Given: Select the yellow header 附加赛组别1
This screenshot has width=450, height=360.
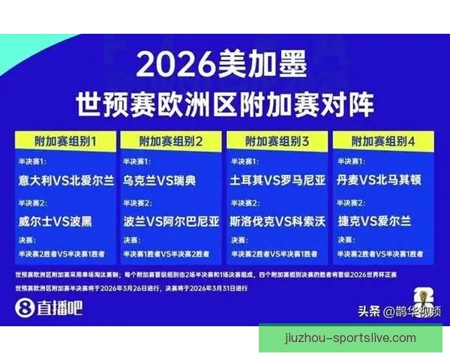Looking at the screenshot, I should click(65, 141).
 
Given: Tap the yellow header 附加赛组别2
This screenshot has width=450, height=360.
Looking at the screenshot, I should click(172, 141).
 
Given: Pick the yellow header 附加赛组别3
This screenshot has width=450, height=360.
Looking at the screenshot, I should click(277, 141).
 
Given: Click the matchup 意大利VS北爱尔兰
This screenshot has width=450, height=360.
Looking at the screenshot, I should click(67, 181).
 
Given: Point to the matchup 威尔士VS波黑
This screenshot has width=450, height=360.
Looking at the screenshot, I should click(57, 221).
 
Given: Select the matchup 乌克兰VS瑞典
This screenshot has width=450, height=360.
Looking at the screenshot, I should click(159, 181).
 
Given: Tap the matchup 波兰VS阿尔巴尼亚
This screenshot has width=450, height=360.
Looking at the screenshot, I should click(172, 221).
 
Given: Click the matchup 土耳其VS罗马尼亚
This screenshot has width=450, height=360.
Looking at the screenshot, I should click(277, 181).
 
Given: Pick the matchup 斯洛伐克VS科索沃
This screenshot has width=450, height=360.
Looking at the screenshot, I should click(277, 221).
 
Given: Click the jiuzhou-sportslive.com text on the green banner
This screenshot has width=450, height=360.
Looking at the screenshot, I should click(350, 337).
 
